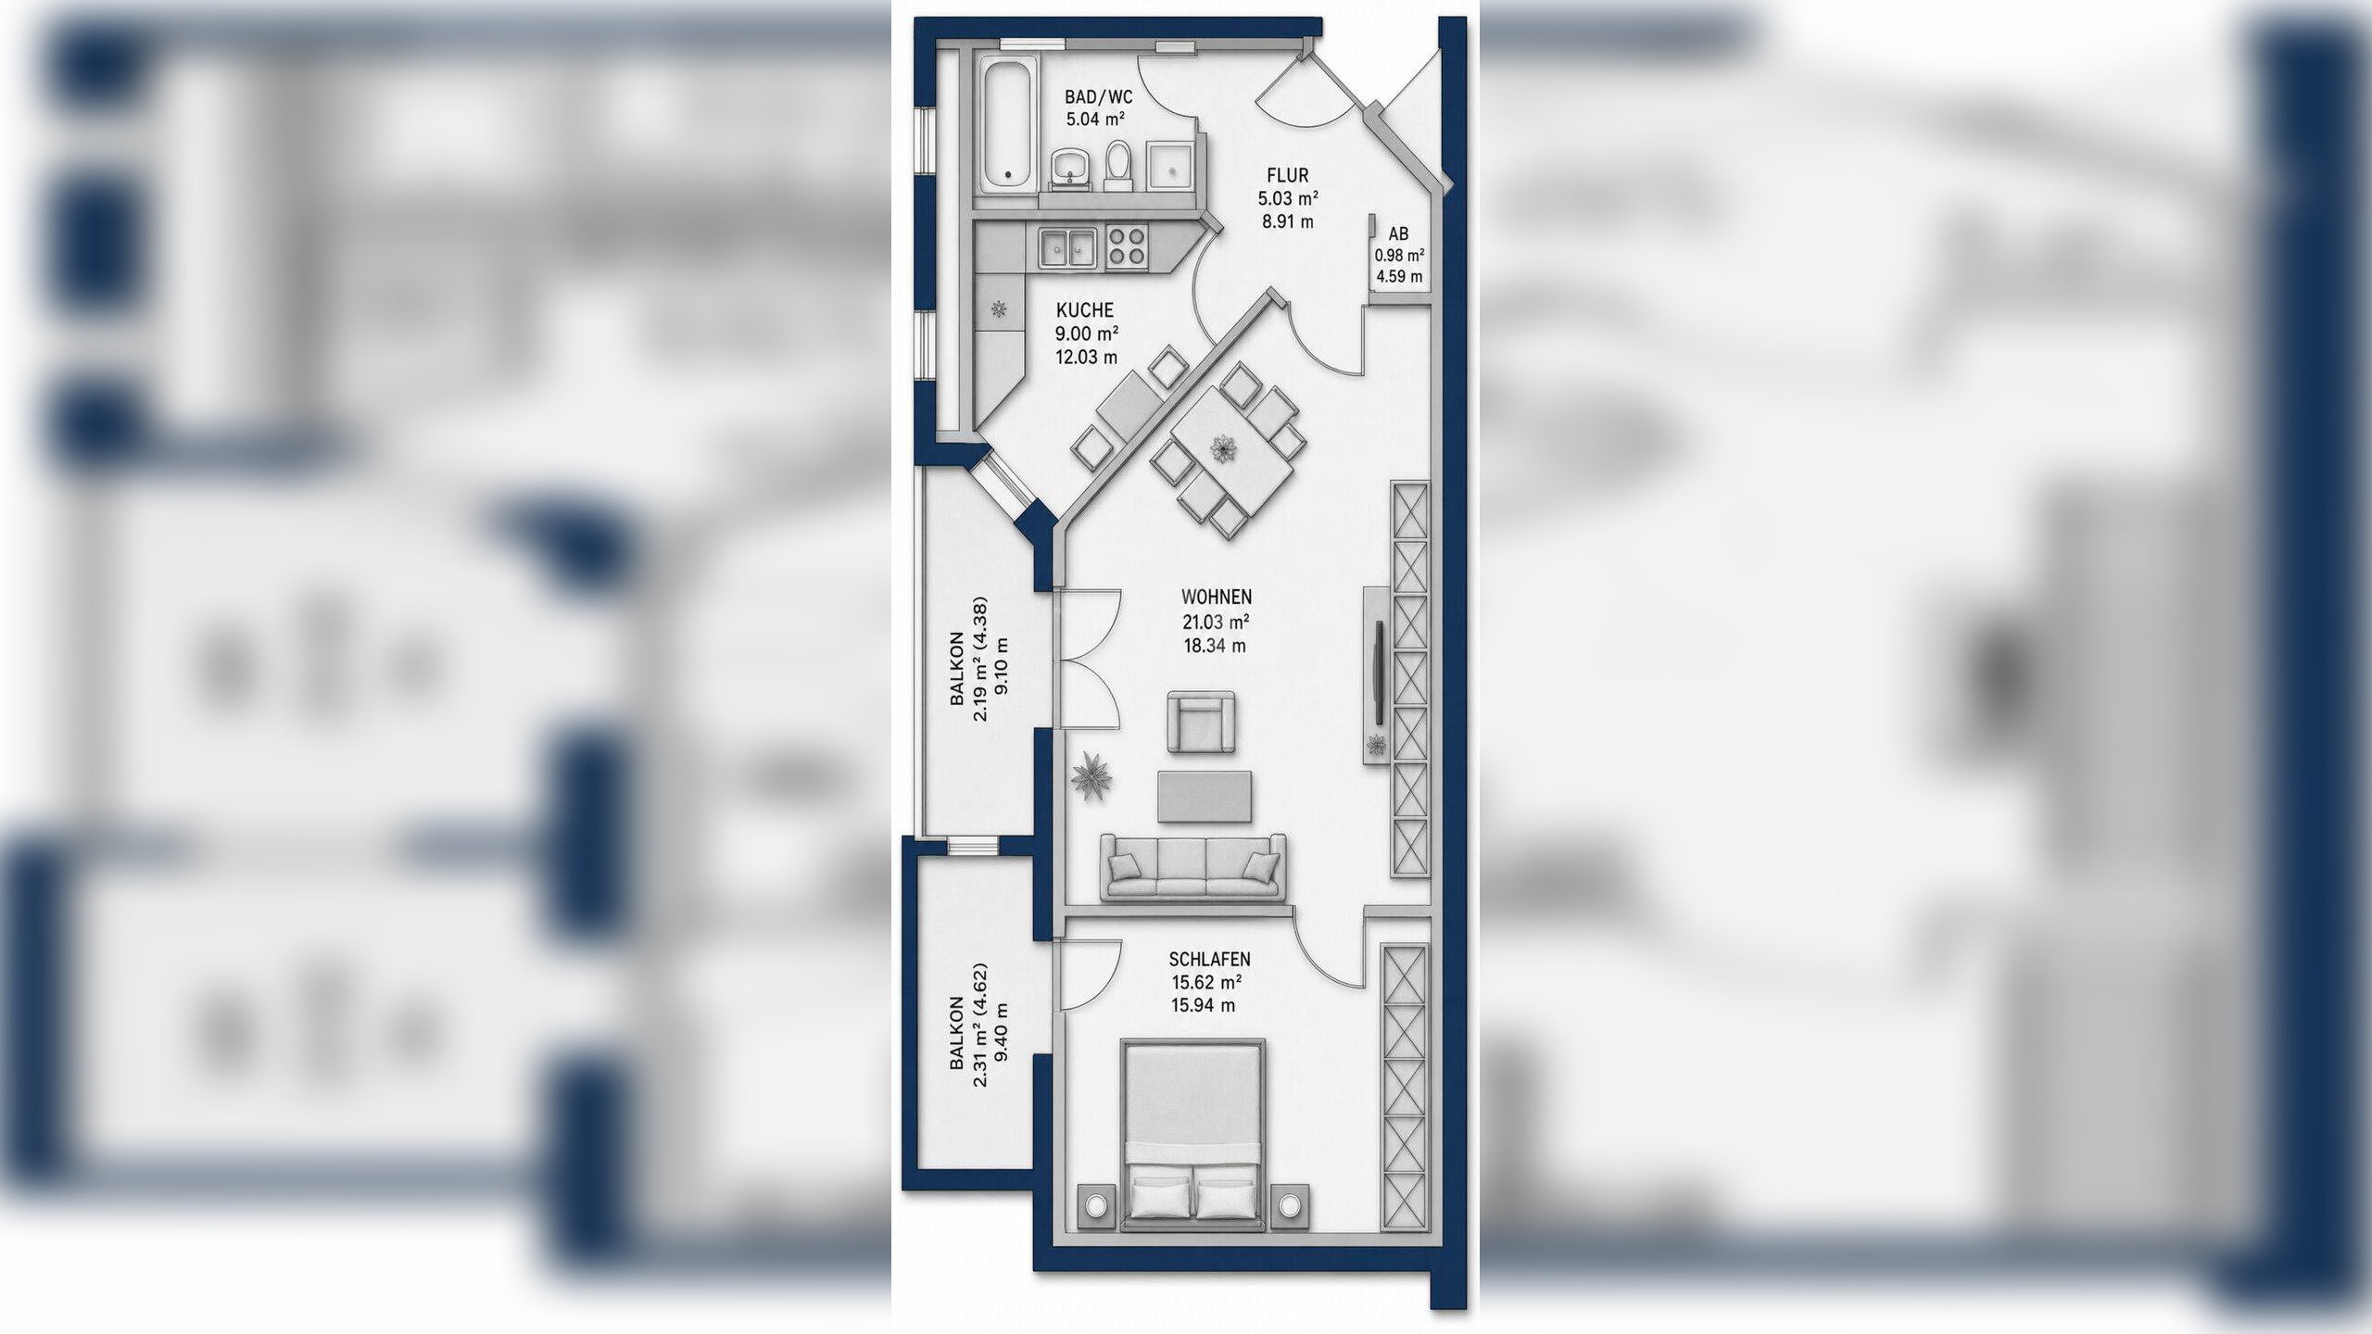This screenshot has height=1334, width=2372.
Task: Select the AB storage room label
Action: [x=1398, y=235]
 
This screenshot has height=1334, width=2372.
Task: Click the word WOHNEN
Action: [x=1216, y=598]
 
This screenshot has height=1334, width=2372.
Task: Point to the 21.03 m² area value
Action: [x=1216, y=622]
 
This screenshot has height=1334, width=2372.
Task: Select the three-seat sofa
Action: [x=1192, y=866]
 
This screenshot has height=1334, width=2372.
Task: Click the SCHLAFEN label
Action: [x=1209, y=960]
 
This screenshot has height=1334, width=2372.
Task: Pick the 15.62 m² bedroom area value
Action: [x=1206, y=983]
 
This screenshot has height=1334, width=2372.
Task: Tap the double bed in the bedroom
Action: [x=1193, y=1134]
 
